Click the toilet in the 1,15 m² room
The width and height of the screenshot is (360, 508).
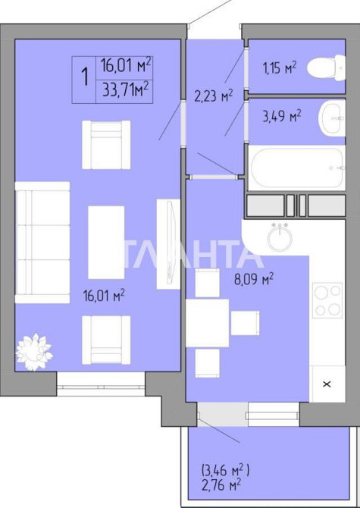coord(327,67)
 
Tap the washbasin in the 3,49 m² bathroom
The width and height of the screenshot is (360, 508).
coord(332,118)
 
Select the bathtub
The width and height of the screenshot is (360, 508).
coord(297,167)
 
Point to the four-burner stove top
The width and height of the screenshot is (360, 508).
coord(327,300)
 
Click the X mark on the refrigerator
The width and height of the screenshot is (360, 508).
coord(327,384)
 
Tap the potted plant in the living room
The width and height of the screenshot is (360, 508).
coord(34,352)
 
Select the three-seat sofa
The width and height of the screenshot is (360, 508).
coord(42,243)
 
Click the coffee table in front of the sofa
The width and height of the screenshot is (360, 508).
coord(106,243)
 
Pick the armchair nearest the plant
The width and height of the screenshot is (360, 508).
coord(106,340)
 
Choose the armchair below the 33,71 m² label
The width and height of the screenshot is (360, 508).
coord(106,145)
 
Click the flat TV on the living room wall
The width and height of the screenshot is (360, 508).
coord(168,244)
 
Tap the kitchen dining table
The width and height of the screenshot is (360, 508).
coord(207,323)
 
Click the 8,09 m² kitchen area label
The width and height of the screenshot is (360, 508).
coord(254,279)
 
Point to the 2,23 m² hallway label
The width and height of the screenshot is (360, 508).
coord(214,96)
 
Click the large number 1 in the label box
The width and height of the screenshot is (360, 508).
coord(85,77)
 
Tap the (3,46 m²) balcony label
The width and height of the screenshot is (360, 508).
coord(226,469)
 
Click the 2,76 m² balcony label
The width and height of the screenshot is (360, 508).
coord(221,485)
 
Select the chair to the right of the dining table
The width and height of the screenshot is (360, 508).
coord(245,323)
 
